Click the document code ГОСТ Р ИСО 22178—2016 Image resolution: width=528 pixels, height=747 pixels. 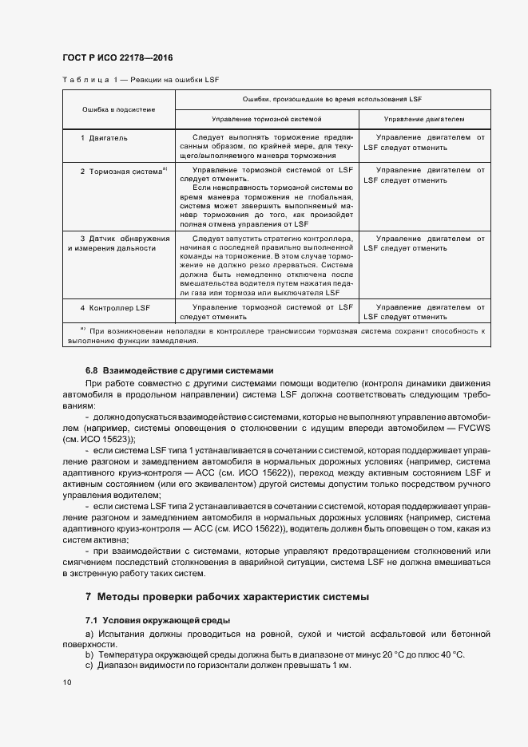click(117, 58)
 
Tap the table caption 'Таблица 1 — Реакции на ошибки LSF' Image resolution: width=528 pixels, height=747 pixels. click(140, 81)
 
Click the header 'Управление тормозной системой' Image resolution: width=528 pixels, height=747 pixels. click(267, 118)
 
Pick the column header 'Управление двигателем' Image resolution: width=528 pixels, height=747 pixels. click(424, 118)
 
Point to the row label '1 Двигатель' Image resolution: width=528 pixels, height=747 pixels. click(104, 138)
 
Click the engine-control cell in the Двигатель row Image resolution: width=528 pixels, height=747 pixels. click(424, 143)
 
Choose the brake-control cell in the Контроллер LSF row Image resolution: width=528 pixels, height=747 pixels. click(267, 312)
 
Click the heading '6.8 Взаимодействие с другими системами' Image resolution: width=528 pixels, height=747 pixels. click(180, 370)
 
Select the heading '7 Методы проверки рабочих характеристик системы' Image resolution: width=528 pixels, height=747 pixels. click(227, 597)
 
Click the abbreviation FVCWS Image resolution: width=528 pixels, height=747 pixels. click(472, 428)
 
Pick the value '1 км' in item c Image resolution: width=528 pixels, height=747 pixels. click(339, 665)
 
